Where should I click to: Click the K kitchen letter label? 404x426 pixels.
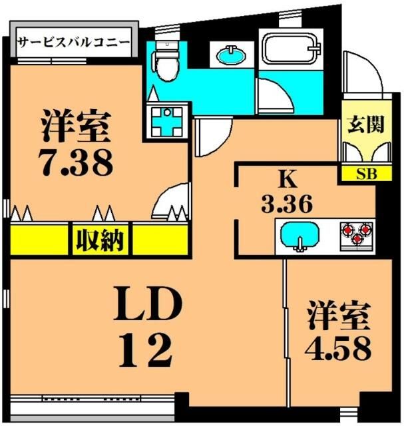287,180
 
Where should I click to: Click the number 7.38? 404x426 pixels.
75,162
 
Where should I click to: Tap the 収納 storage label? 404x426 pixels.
101,239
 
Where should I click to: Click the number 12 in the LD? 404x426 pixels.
147,349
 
